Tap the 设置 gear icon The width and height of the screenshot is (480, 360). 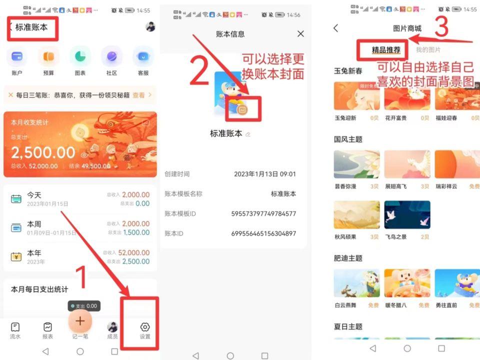click(x=145, y=327)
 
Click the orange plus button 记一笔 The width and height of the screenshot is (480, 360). click(x=80, y=321)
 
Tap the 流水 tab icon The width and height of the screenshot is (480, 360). click(x=15, y=327)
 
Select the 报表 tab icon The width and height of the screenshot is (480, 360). click(x=47, y=327)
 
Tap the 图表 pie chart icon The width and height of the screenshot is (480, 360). click(x=80, y=56)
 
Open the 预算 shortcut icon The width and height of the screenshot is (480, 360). click(x=48, y=56)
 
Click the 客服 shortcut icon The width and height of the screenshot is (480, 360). click(x=143, y=56)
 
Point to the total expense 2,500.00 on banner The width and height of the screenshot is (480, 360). click(x=43, y=152)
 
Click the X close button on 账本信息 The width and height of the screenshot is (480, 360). click(x=300, y=34)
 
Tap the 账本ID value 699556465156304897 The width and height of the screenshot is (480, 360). click(x=263, y=233)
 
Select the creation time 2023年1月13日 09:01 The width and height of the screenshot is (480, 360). click(x=265, y=174)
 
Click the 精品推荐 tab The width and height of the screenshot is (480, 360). click(x=386, y=50)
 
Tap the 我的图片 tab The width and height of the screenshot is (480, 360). click(x=428, y=50)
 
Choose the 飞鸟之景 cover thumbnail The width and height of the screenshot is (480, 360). click(x=407, y=215)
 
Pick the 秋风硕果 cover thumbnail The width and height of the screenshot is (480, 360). click(x=356, y=215)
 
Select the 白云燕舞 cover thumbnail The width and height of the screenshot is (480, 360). click(x=356, y=283)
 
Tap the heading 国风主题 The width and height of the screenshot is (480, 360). click(x=348, y=139)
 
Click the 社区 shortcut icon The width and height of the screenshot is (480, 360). click(x=111, y=56)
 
